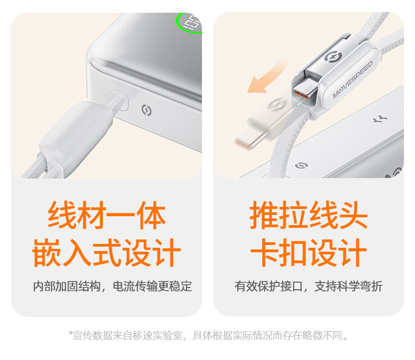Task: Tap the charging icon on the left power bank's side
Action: [x=147, y=110]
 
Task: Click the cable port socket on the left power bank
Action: [x=119, y=100]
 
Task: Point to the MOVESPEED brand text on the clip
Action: [x=352, y=80]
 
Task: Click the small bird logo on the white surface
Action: [x=380, y=119]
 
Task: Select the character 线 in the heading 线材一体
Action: [x=62, y=215]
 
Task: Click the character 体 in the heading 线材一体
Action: [x=151, y=215]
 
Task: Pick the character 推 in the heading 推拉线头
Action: [x=264, y=215]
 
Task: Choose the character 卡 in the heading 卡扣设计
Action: [x=265, y=252]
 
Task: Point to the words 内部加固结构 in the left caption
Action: [x=67, y=286]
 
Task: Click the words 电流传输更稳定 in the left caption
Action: [x=153, y=286]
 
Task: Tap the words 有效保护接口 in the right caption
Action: [x=268, y=286]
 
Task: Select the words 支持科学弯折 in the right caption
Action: [x=349, y=286]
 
